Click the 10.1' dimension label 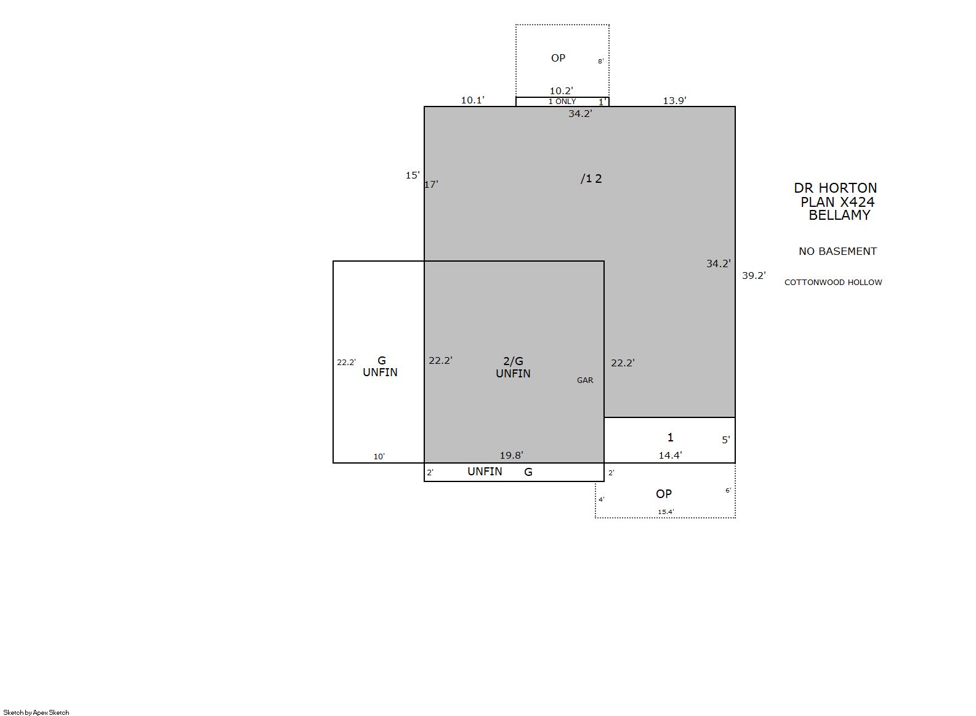coord(473,100)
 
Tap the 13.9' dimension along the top coord(674,100)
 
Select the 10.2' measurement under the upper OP coord(561,91)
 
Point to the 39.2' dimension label coord(754,275)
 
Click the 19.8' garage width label coord(511,455)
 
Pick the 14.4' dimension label coord(670,455)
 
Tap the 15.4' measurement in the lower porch coord(666,512)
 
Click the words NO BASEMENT coord(837,251)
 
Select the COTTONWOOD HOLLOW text coord(833,282)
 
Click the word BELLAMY coord(839,215)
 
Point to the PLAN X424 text coord(837,202)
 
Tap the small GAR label coord(585,380)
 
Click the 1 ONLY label coord(562,102)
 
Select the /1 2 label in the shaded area coord(591,179)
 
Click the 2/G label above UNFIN coord(514,361)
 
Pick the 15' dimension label coord(413,175)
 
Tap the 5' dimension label coord(726,440)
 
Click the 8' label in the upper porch coord(601,62)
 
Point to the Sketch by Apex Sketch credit coord(36,712)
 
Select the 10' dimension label coord(379,456)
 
